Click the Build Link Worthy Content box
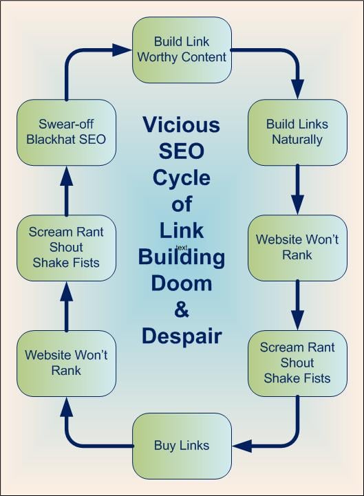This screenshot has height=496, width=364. click(x=182, y=49)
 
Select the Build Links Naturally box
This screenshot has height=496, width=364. click(x=297, y=131)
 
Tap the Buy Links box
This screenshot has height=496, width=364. click(x=182, y=445)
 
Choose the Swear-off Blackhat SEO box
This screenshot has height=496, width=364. click(x=66, y=131)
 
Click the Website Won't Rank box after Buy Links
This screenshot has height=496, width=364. click(x=66, y=363)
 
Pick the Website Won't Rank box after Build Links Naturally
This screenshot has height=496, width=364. click(x=297, y=247)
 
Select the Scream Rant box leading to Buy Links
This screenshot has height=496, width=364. click(x=297, y=363)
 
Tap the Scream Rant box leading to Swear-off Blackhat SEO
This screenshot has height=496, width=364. click(x=66, y=247)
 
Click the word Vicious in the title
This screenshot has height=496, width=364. click(x=181, y=125)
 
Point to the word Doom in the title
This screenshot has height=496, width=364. click(x=181, y=283)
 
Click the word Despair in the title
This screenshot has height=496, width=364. click(x=181, y=336)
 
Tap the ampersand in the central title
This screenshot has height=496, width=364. click(x=181, y=310)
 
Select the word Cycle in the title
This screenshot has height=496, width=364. click(x=181, y=177)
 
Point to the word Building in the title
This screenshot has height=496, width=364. click(x=181, y=257)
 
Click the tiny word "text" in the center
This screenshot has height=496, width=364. click(x=182, y=246)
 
